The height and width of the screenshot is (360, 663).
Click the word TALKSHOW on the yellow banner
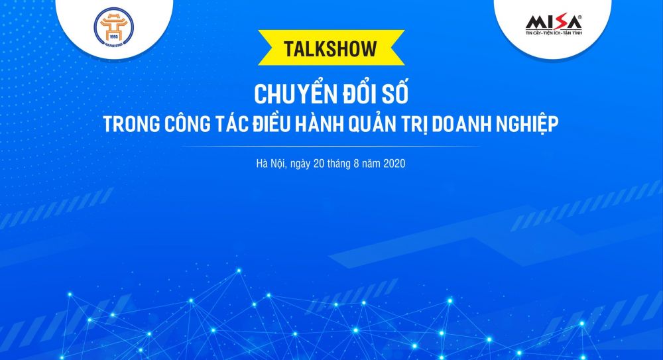331,49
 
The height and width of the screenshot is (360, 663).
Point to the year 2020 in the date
394,163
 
